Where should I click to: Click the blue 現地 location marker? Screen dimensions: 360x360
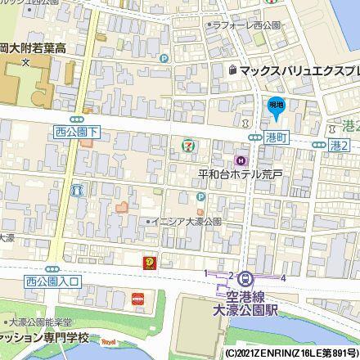[x=277, y=106]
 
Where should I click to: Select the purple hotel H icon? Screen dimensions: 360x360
[x=241, y=160]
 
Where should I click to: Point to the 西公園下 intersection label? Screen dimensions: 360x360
[x=75, y=131]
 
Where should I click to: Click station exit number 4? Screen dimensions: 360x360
[x=283, y=278]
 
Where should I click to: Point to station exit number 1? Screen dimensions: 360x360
[x=205, y=272]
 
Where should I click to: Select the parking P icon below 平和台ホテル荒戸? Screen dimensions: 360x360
[x=200, y=197]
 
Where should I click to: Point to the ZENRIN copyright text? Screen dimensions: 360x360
[x=287, y=353]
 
